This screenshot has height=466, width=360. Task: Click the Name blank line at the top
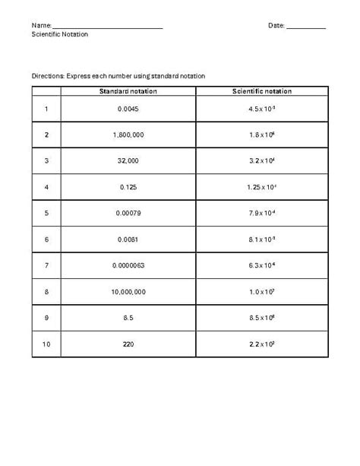[x=107, y=27]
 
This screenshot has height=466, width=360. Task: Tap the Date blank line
[x=306, y=27]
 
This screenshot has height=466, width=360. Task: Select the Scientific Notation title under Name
[x=60, y=35]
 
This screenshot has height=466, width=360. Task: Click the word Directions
[x=48, y=76]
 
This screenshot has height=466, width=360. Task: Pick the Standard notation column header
[x=128, y=91]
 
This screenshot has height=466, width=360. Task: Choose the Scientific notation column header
[x=262, y=91]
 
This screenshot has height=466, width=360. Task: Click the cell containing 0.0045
[x=128, y=109]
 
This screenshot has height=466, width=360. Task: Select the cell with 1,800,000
[x=128, y=135]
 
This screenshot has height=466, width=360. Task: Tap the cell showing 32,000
[x=128, y=160]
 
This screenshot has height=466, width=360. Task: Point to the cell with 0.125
[x=128, y=187]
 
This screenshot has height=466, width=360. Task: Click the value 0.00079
[x=128, y=213]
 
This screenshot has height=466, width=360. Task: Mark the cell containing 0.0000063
[x=128, y=265]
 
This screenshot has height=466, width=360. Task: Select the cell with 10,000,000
[x=128, y=291]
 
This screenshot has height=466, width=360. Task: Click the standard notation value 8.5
[x=128, y=318]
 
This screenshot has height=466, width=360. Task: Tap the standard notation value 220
[x=128, y=344]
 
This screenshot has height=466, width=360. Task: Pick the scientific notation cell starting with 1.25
[x=262, y=187]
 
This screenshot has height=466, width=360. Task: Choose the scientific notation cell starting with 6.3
[x=262, y=265]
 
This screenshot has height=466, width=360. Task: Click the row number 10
[x=46, y=344]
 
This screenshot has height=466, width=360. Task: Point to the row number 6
[x=46, y=239]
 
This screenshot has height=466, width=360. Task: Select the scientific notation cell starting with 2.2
[x=262, y=344]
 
